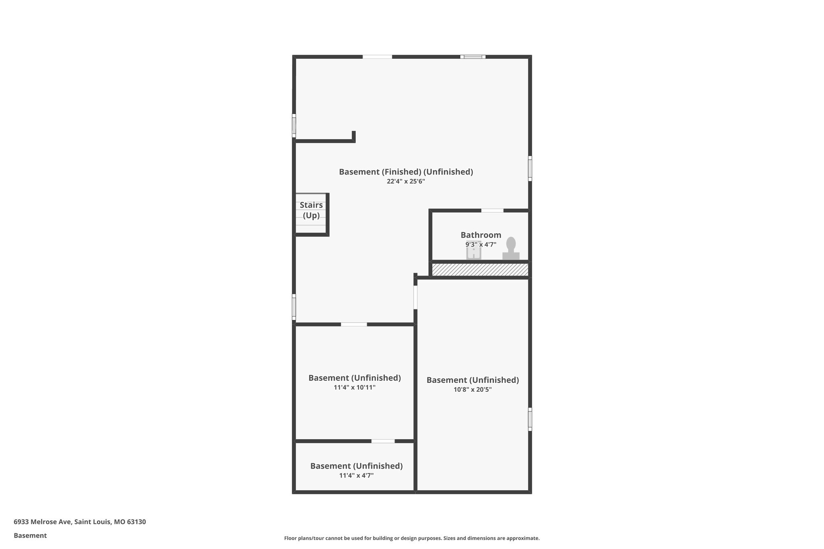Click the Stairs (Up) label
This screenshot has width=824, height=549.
(311, 210)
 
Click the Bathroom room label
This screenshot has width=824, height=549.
(481, 235)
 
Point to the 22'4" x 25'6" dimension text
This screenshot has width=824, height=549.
(406, 181)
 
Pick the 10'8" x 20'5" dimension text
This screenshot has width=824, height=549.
(472, 389)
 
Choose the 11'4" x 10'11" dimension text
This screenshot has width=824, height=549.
(354, 387)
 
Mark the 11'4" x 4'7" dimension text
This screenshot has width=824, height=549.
(356, 475)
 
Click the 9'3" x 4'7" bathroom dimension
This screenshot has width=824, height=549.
(481, 245)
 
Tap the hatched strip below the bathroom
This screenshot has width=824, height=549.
(480, 269)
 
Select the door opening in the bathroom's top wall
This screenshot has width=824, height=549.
(492, 210)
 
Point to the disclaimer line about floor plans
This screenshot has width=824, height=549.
(412, 538)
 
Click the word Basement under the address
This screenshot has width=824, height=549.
(30, 535)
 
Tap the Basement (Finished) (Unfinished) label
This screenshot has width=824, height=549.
(406, 172)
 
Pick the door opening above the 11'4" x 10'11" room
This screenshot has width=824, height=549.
(354, 324)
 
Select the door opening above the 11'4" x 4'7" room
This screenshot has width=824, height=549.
(383, 441)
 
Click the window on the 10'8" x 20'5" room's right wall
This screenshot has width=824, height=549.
(530, 419)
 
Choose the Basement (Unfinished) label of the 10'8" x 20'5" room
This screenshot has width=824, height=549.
(472, 380)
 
